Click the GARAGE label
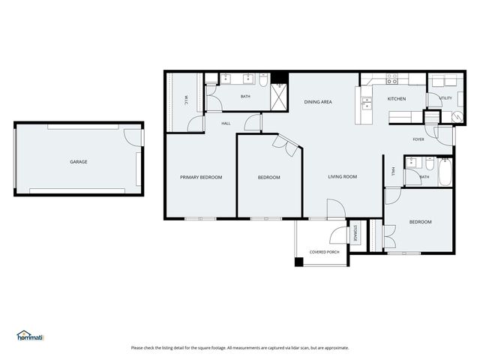(79, 162)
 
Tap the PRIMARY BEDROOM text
(201, 177)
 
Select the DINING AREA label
(317, 101)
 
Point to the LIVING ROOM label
(342, 177)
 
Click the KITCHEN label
(396, 99)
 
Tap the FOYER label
(418, 139)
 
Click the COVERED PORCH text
(324, 252)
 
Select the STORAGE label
(355, 233)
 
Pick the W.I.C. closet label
(185, 98)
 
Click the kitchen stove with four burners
(392, 77)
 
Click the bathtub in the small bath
(445, 174)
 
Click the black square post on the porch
(299, 262)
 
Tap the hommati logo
(31, 336)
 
